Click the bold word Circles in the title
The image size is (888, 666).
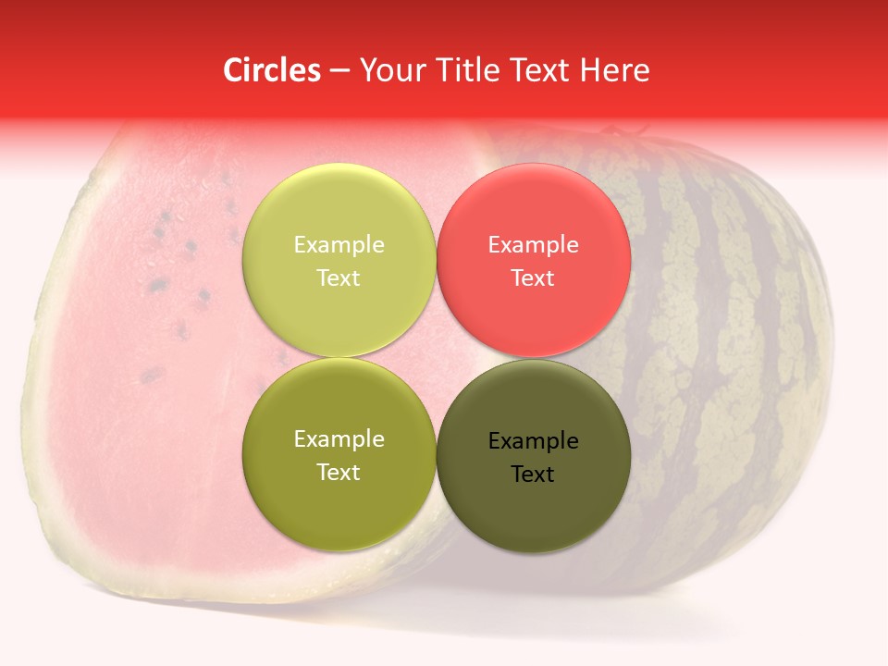(271, 70)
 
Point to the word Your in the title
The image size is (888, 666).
(388, 70)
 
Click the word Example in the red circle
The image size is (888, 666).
(533, 245)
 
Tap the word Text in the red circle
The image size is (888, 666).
(533, 277)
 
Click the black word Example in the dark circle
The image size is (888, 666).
(533, 441)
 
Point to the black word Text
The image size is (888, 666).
(533, 475)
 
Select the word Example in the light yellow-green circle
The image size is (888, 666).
(339, 245)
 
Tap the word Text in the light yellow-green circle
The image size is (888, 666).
(339, 277)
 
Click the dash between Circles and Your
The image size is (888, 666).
(339, 71)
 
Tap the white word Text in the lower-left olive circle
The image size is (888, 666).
(339, 473)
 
